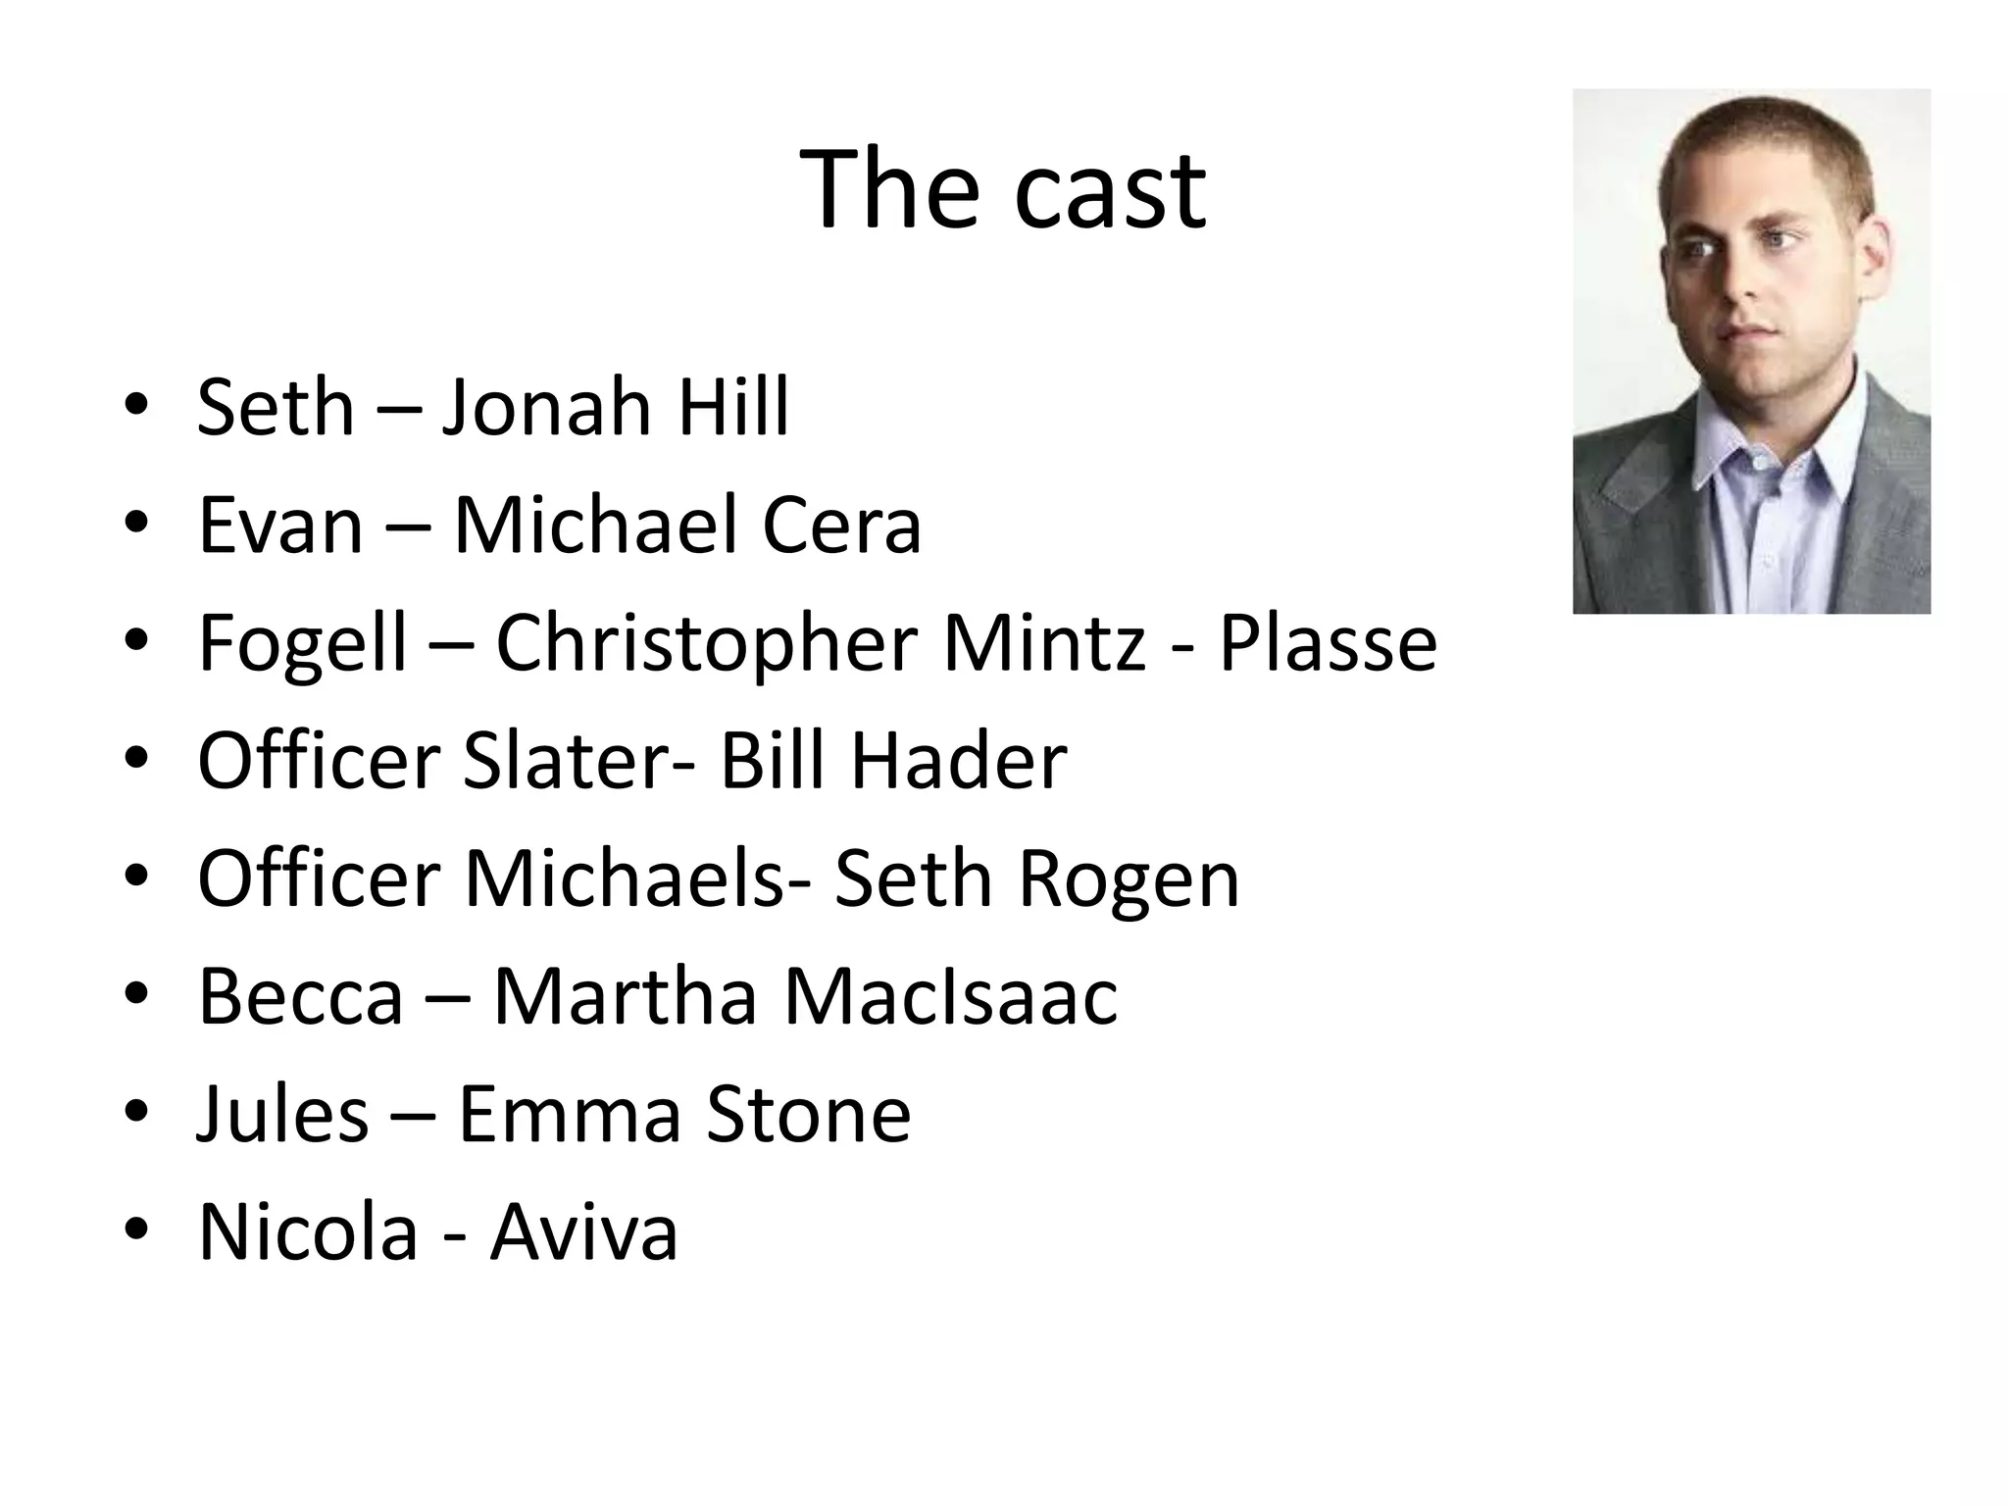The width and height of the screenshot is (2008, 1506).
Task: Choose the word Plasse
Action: (x=1328, y=643)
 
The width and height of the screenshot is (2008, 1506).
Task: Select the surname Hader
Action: (x=958, y=761)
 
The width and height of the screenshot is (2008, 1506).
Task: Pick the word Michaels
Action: (x=624, y=878)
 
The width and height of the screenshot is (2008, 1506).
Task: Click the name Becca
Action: (x=300, y=996)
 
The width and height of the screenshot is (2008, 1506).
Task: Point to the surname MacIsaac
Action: (x=950, y=996)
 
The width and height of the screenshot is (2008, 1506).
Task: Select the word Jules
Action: (x=282, y=1114)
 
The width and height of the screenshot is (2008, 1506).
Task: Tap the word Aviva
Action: (x=584, y=1231)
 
